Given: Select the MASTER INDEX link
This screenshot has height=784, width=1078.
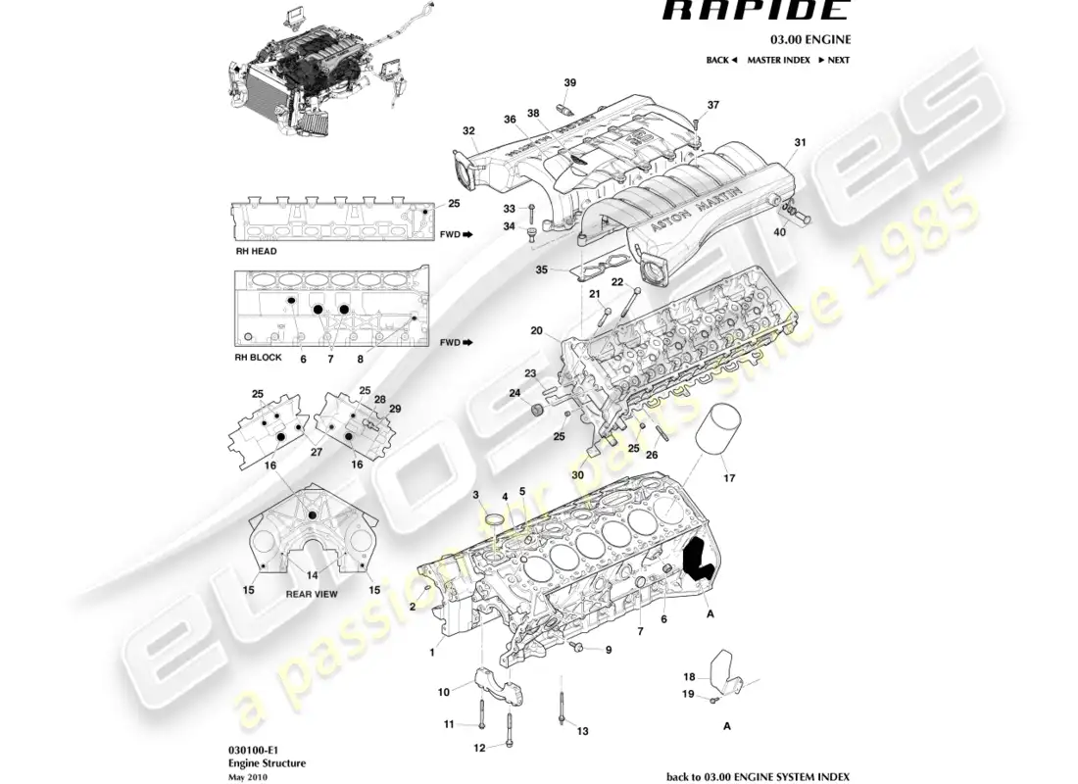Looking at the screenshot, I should pyautogui.click(x=778, y=60).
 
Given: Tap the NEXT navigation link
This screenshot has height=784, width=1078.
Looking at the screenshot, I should pyautogui.click(x=833, y=60).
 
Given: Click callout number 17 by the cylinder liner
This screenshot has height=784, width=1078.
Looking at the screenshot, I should pyautogui.click(x=728, y=479).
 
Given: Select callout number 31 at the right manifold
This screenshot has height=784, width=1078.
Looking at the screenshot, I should pyautogui.click(x=800, y=143).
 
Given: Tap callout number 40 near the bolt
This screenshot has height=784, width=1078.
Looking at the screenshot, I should pyautogui.click(x=779, y=232).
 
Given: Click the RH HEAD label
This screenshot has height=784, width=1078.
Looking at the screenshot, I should pyautogui.click(x=256, y=252).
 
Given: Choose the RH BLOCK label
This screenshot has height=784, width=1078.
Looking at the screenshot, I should pyautogui.click(x=258, y=358).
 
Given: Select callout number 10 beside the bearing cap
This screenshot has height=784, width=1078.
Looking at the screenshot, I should pyautogui.click(x=443, y=692).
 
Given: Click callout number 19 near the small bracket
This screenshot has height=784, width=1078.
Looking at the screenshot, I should pyautogui.click(x=688, y=694).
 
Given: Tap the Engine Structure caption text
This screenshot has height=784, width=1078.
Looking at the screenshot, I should pyautogui.click(x=253, y=762).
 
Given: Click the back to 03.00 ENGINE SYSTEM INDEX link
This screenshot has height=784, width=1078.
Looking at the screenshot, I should pyautogui.click(x=758, y=776).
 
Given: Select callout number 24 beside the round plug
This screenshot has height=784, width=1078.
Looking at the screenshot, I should pyautogui.click(x=513, y=394).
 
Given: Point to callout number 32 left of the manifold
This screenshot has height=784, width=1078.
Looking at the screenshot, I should pyautogui.click(x=468, y=130).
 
